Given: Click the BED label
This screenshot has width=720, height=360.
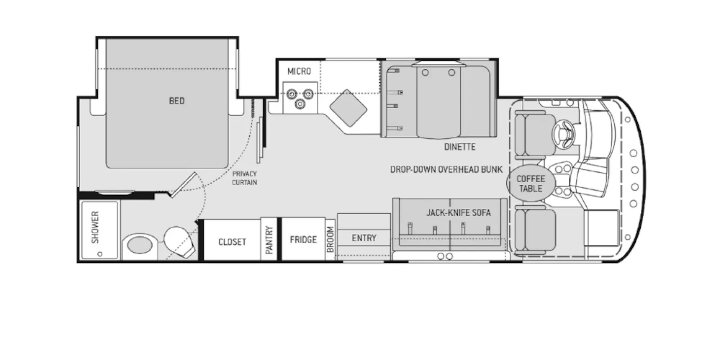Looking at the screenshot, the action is pos(177,101).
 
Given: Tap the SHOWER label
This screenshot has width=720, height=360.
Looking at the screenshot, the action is pos(95,227).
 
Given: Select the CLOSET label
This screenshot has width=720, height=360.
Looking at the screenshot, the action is pos(232,242).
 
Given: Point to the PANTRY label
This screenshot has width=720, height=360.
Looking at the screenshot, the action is pos(270,240).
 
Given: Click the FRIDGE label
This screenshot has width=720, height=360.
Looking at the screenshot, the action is pos(303,239).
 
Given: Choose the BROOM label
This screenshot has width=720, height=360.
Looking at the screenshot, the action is pos(330,239).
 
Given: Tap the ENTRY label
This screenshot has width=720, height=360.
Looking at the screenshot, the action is pos(364,238).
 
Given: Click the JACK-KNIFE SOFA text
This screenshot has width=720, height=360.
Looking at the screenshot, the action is pos(459,213).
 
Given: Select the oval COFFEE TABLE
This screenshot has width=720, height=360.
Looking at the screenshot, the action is pos(531,183).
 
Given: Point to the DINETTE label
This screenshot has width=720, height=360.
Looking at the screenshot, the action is pos(459,147).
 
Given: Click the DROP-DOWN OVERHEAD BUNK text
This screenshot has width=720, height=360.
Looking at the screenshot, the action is pos(446,169).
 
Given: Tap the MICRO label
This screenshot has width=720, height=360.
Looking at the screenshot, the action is pos(299,72).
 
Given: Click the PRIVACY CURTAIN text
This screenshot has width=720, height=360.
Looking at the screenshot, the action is pos(245,178).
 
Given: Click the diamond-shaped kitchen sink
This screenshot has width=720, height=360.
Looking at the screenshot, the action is pos(348,108).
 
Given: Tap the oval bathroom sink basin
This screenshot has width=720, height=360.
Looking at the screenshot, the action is pos(140,246).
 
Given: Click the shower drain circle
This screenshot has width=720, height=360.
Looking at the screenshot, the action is pos(100,254).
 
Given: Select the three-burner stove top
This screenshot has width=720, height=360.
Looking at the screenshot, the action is pos(300,98).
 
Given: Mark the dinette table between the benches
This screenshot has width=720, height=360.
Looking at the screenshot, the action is pos(438,101).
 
